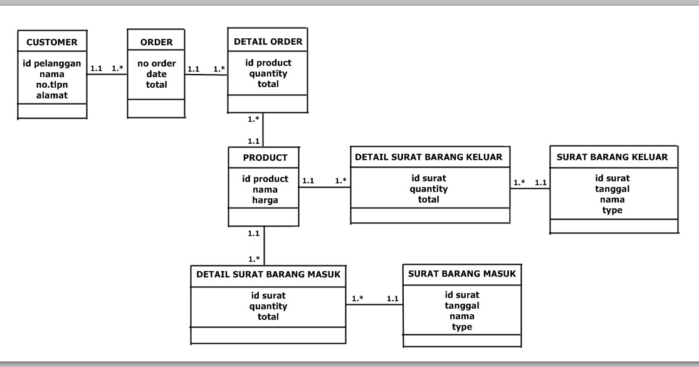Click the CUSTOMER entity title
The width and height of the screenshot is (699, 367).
(52, 43)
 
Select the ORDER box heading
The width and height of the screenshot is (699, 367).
(156, 43)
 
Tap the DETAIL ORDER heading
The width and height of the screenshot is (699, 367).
(268, 42)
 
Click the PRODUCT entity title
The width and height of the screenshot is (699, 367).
(265, 157)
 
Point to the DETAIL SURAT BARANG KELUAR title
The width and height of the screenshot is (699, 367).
(429, 157)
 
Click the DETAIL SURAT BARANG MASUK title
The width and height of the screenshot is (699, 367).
(268, 274)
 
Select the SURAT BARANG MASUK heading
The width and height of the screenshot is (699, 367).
(462, 274)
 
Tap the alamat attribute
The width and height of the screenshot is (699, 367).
(52, 95)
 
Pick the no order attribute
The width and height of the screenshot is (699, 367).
(156, 63)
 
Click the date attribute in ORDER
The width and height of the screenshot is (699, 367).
(156, 74)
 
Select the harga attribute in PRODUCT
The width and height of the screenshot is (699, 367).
(265, 200)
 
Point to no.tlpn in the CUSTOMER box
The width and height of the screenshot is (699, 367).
(52, 85)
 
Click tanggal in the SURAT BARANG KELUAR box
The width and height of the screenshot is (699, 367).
(612, 189)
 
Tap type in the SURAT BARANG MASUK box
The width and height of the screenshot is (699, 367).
(462, 327)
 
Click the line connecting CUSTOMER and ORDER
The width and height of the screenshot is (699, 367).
(107, 75)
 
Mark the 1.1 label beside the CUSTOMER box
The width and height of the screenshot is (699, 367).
(97, 69)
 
